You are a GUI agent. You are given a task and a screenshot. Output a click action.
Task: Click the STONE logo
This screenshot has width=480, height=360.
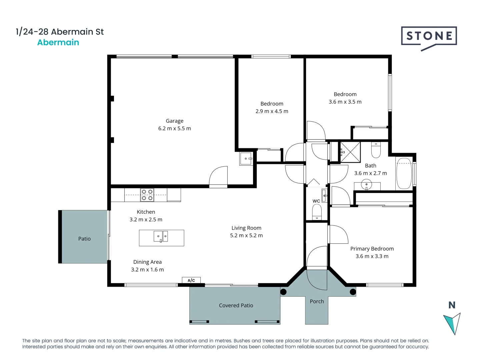tap(429, 36)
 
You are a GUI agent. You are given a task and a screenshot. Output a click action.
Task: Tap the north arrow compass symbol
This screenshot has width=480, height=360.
tap(453, 323)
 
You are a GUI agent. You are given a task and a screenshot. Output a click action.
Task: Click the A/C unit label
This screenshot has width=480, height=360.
tap(191, 280)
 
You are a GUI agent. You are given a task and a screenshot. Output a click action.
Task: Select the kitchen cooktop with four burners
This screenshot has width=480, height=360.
tap(147, 195)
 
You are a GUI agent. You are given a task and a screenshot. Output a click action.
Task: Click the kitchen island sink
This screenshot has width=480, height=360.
tap(161, 236)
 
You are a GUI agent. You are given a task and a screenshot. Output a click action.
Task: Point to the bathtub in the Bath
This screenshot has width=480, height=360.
tap(404, 174)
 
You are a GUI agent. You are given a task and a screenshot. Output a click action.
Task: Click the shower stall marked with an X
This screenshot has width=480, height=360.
tap(350, 152)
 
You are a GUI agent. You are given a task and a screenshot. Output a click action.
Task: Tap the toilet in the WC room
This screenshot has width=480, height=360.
tap(317, 212)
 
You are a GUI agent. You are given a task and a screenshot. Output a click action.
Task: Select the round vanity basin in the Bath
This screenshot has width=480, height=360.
tap(366, 184)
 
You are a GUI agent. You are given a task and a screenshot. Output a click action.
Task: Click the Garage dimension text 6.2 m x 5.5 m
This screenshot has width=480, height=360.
tap(174, 128)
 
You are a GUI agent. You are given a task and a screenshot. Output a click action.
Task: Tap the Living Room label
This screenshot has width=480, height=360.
tap(246, 228)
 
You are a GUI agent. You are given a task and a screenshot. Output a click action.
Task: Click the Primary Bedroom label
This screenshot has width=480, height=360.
tap(372, 249)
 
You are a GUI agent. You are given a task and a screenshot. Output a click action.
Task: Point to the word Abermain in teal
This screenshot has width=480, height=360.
tap(58, 43)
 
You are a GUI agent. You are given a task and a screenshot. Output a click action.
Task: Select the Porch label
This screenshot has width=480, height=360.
tap(317, 301)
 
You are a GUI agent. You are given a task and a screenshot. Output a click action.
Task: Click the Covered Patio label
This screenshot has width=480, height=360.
tap(236, 305)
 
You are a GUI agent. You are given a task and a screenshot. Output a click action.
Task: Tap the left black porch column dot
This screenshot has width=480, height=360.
tap(283, 292)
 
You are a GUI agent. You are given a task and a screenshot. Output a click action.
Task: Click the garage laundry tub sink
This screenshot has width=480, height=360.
tap(246, 159)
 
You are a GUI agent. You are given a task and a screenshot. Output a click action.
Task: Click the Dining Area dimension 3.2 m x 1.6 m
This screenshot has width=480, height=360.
tap(147, 270)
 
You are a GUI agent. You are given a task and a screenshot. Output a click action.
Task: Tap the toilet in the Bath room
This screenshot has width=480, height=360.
tap(376, 151)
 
